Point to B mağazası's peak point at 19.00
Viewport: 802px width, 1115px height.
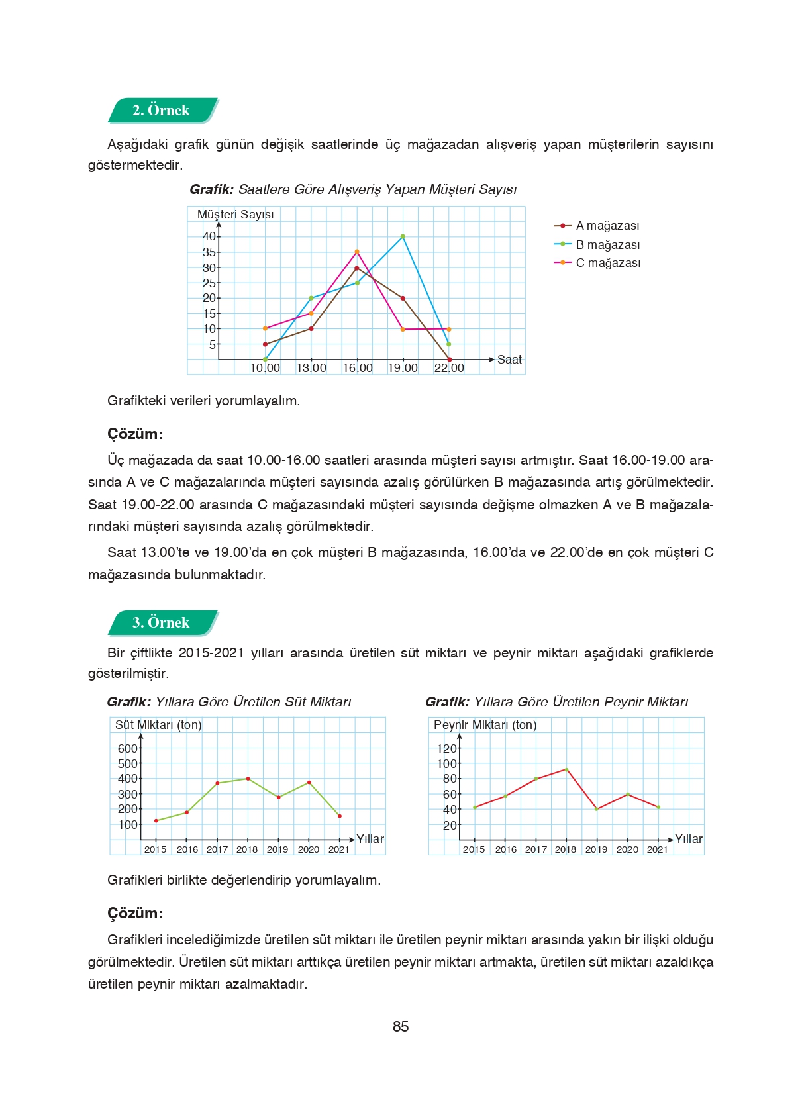pos(403,236)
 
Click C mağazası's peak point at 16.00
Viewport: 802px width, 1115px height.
pos(357,252)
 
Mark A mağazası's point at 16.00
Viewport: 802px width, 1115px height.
pos(357,268)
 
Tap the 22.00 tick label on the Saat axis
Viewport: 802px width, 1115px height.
pos(449,368)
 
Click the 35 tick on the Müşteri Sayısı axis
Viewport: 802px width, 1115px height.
pos(209,252)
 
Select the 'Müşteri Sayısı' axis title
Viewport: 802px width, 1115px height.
pos(235,215)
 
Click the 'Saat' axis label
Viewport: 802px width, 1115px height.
pos(509,360)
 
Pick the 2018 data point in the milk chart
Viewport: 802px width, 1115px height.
pos(248,779)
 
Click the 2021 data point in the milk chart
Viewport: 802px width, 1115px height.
pos(340,816)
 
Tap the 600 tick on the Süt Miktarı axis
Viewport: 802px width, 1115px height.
pos(127,749)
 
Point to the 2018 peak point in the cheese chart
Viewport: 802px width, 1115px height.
pos(566,769)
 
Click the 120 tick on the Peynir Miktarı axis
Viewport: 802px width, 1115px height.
pos(446,749)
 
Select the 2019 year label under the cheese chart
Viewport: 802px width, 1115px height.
pos(596,849)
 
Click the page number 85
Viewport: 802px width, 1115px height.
pos(401,1027)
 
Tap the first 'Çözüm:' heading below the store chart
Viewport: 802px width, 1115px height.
pos(135,434)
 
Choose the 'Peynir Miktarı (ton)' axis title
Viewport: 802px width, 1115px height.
pos(485,725)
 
